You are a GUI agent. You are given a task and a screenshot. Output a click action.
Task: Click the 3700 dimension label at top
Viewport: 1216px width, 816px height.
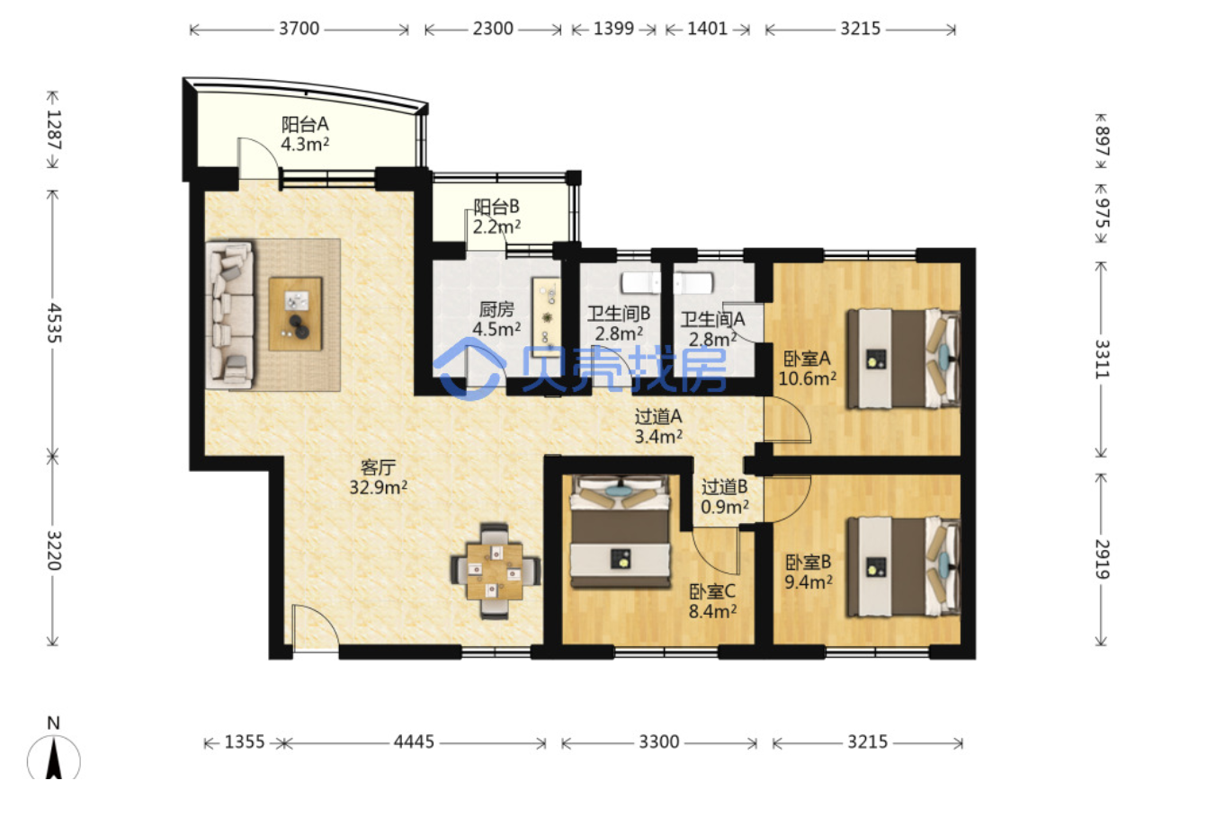point(300,28)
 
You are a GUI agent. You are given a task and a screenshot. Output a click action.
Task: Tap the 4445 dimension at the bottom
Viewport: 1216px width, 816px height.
point(415,741)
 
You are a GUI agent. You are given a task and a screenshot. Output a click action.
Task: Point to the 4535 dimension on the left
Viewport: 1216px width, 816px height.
point(54,323)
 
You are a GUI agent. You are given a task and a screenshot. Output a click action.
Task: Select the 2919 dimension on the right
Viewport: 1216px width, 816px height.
point(1102,559)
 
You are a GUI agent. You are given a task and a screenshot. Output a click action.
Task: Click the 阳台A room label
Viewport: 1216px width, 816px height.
point(305,124)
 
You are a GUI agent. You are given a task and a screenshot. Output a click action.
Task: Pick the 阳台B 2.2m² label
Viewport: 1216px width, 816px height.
point(496,216)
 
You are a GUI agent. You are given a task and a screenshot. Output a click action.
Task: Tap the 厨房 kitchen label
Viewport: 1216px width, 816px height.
point(496,309)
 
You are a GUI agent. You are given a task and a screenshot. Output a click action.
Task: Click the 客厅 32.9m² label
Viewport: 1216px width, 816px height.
point(378,477)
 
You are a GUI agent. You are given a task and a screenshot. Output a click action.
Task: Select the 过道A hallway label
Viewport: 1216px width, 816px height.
point(658,417)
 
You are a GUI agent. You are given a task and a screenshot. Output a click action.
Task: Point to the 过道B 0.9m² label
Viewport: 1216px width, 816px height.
point(725,497)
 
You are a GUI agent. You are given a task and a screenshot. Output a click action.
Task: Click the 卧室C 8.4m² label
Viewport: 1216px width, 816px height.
point(712,601)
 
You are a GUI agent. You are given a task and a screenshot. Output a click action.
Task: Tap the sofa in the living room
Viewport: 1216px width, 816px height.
point(229,315)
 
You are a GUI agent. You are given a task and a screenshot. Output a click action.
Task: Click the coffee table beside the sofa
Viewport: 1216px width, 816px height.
point(296,315)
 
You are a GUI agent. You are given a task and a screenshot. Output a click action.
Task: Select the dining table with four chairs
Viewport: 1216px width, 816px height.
point(495,572)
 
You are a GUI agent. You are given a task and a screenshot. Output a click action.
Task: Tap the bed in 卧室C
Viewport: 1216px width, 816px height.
point(620,532)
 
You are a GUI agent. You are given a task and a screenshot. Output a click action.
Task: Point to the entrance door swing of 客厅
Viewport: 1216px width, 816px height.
point(315,625)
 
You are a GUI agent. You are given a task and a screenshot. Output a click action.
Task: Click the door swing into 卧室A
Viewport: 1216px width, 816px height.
point(787,420)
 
